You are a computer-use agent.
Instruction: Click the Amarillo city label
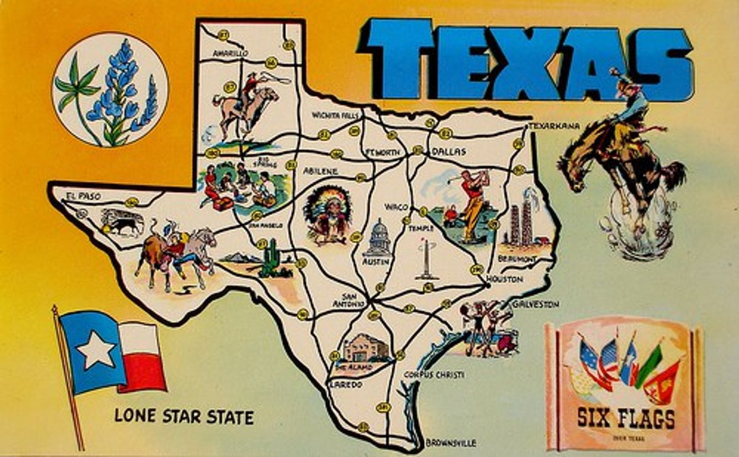tap(230, 54)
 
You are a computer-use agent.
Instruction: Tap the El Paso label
tap(83, 196)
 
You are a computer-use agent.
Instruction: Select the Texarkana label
tap(554, 126)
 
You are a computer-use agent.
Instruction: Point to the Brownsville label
tap(451, 442)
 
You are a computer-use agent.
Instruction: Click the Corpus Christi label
tap(434, 374)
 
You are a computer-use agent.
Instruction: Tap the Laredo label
tap(345, 384)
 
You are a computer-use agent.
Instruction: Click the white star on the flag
tap(96, 350)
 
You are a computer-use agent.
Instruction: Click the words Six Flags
tap(626, 419)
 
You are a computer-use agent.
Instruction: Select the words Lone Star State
tap(184, 417)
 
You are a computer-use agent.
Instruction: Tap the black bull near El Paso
tap(124, 223)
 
